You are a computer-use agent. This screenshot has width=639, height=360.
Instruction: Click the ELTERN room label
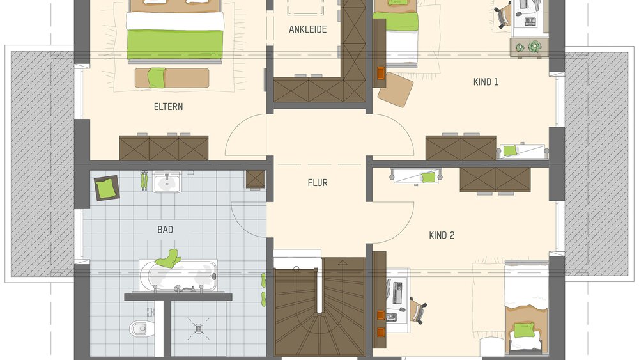pos(168,107)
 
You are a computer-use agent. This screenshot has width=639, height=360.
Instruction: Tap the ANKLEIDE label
pos(308,29)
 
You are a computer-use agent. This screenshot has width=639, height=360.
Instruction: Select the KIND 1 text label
pos(486,82)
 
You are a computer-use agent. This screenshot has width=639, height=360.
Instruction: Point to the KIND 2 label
pos(442,235)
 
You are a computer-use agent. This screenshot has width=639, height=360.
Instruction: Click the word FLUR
pos(318,183)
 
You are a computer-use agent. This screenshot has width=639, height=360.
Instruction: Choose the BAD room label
pos(165,230)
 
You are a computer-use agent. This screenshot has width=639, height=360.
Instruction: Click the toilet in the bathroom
pos(139,329)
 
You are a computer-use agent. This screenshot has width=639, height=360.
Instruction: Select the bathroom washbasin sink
pos(167,183)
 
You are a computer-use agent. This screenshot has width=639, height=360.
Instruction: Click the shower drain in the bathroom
pos(198,327)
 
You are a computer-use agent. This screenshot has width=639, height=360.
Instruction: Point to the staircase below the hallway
pos(319,307)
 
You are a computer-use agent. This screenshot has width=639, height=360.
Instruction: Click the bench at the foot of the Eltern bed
pos(172,78)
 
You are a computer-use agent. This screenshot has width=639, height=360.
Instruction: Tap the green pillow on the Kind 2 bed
pos(524,330)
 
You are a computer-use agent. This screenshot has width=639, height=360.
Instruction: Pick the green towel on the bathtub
pos(169,258)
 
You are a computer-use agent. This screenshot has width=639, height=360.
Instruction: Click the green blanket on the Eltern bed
pos(175,43)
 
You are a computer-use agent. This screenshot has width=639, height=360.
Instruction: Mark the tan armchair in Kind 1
pos(395,90)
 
